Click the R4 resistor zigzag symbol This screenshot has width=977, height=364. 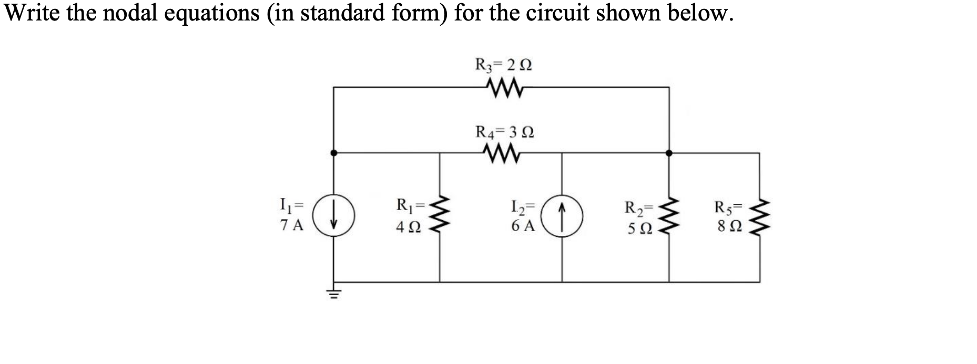[502, 153]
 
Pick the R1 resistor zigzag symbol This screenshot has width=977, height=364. [440, 217]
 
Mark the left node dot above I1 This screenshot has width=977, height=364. [333, 153]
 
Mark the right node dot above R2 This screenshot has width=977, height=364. [668, 153]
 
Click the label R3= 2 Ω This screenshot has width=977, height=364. [503, 65]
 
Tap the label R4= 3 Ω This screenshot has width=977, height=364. [504, 131]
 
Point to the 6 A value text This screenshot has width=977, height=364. [523, 226]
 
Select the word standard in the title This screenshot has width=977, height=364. [332, 13]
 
